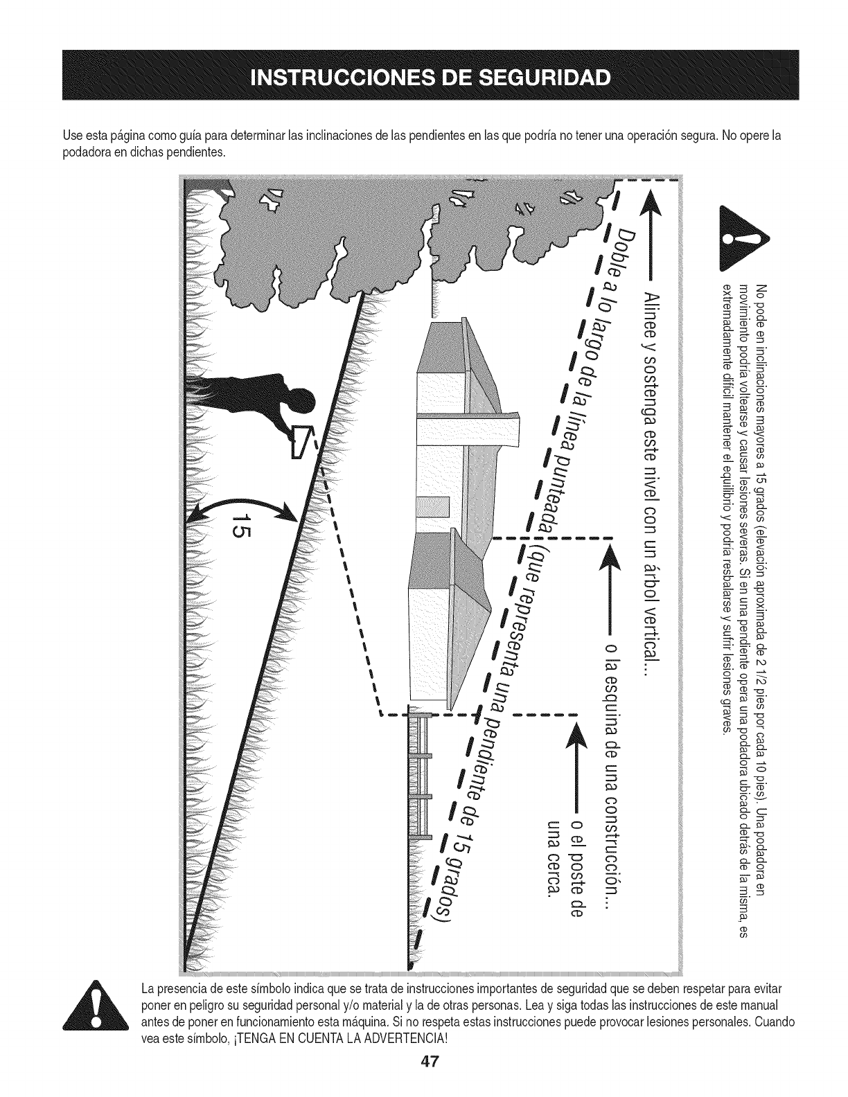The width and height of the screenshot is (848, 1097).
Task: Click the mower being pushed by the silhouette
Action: click(302, 441)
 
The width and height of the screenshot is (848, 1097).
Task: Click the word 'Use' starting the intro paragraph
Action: click(71, 136)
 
